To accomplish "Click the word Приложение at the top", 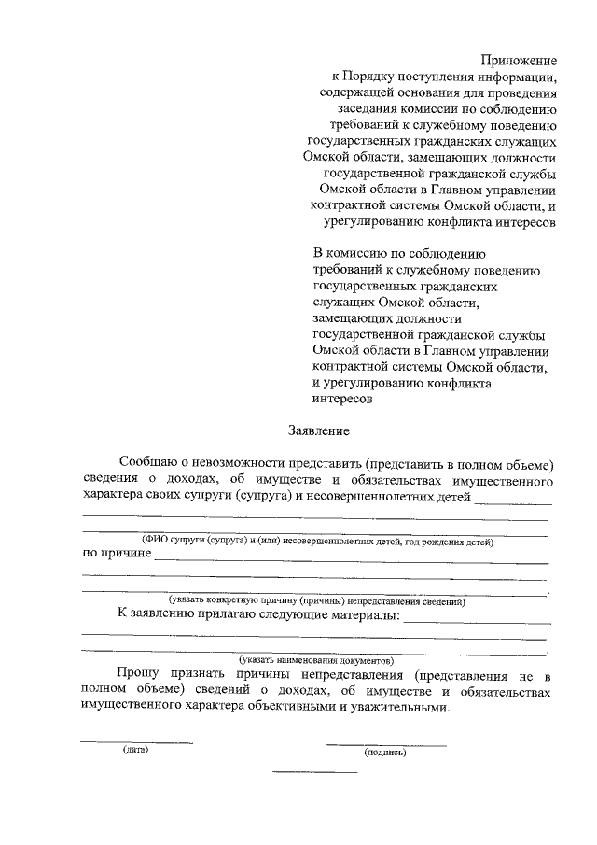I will [x=519, y=60].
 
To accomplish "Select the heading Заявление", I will [x=317, y=431].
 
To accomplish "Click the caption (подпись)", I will [x=386, y=752].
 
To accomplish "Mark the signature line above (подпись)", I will [x=386, y=744].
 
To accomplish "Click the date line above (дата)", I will [x=136, y=742].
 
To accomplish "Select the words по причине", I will [x=117, y=555].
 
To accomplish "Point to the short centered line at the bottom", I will [x=314, y=772].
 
